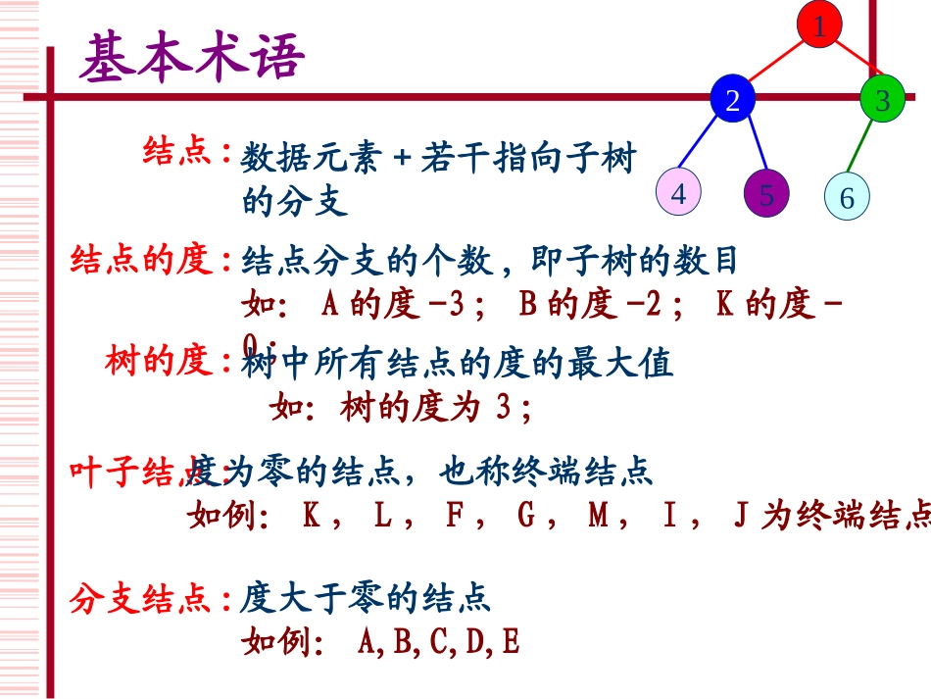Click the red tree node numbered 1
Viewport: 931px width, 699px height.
click(x=819, y=25)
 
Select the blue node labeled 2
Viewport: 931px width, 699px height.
click(x=734, y=100)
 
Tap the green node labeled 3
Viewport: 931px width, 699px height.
click(x=882, y=100)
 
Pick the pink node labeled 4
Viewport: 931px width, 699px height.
click(x=678, y=192)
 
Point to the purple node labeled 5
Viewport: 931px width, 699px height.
click(x=766, y=194)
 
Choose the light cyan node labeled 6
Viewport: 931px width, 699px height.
click(x=847, y=197)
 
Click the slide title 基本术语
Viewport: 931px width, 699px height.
click(x=192, y=59)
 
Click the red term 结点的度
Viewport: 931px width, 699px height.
click(x=143, y=261)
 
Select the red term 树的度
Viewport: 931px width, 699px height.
click(x=160, y=363)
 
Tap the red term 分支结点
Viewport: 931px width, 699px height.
click(x=143, y=598)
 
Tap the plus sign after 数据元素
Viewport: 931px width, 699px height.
click(x=399, y=158)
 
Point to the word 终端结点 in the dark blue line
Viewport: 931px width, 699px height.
click(x=599, y=473)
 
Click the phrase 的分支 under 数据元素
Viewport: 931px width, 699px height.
click(x=295, y=202)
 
